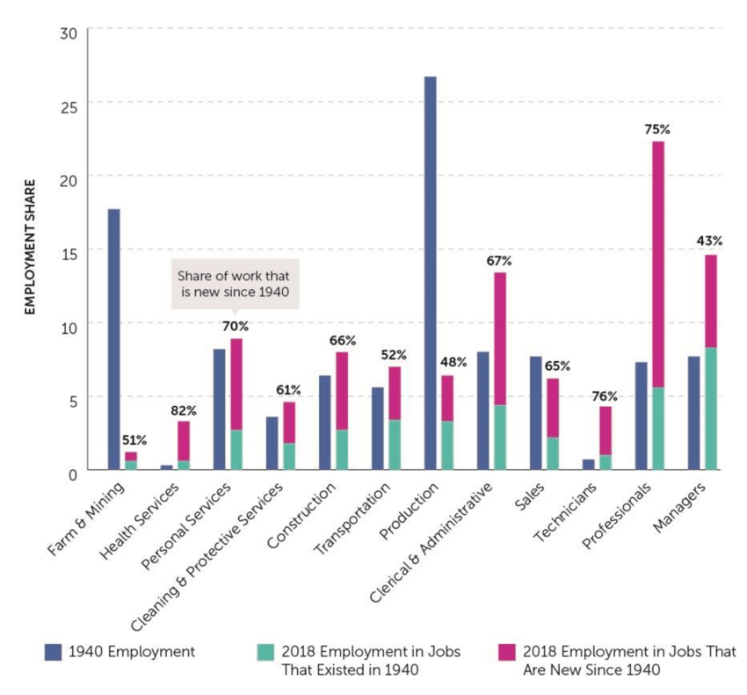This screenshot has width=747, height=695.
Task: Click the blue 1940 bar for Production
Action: (430, 273)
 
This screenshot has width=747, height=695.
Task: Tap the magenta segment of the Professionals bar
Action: (658, 264)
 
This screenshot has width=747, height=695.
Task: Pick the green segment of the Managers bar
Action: (711, 409)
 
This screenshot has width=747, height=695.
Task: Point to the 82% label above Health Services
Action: (184, 409)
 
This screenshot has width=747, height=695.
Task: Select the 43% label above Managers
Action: (710, 241)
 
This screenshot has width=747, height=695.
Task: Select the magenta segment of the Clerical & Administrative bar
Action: (500, 338)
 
